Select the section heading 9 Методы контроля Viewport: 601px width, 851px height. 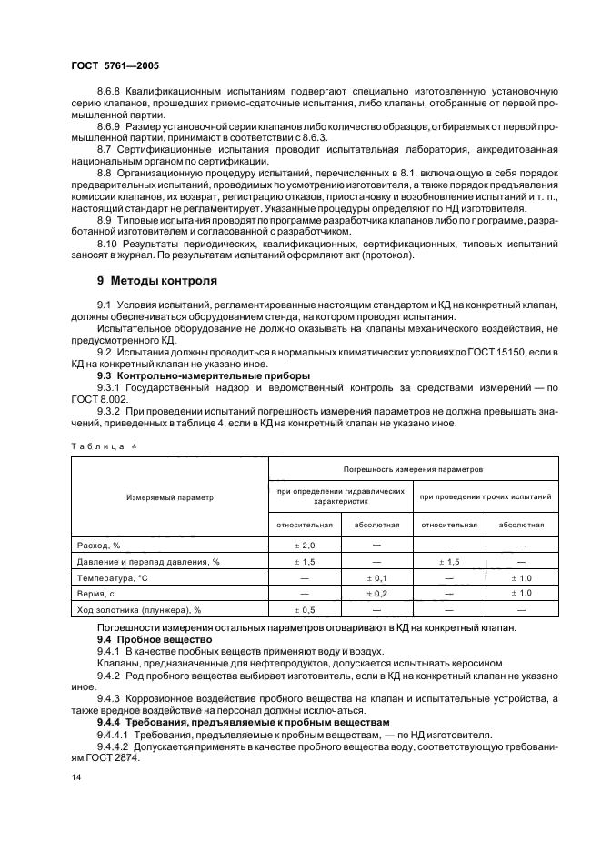[156, 281]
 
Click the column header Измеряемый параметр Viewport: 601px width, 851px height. [170, 497]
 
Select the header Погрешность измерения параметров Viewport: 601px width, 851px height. [412, 469]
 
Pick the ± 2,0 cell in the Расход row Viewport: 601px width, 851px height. [305, 545]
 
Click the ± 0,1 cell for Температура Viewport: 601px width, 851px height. [376, 577]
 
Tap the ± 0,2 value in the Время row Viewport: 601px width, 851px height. [376, 593]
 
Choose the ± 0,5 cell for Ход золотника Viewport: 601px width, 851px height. [305, 609]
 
